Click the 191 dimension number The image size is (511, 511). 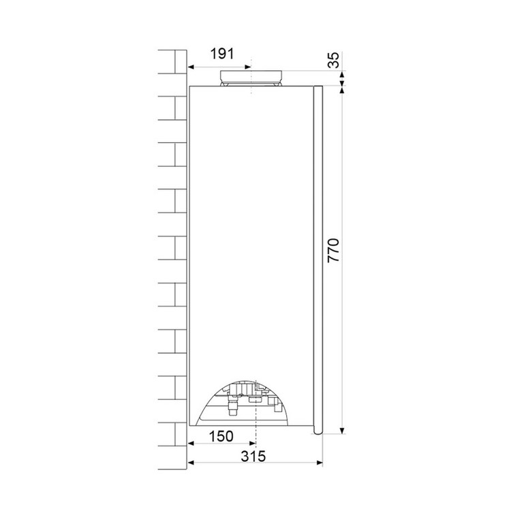pyautogui.click(x=222, y=54)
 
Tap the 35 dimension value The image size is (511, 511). pyautogui.click(x=333, y=60)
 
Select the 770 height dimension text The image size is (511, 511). pyautogui.click(x=333, y=250)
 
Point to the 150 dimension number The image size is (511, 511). pyautogui.click(x=221, y=436)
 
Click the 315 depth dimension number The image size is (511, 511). pyautogui.click(x=253, y=456)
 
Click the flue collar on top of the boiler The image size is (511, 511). pyautogui.click(x=251, y=78)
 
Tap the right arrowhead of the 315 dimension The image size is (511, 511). pyautogui.click(x=320, y=463)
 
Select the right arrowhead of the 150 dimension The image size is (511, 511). pyautogui.click(x=252, y=444)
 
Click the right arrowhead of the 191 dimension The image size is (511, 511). pyautogui.click(x=248, y=67)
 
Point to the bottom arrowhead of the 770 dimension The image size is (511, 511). pyautogui.click(x=342, y=431)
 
